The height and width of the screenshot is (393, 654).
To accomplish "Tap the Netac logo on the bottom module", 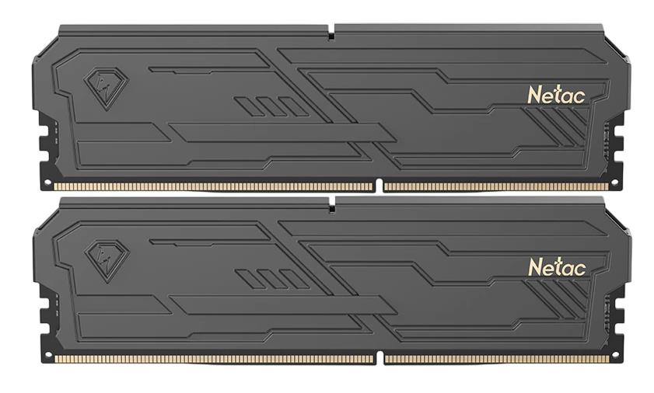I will pyautogui.click(x=556, y=266).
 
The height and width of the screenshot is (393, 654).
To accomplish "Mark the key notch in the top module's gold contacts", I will pyautogui.click(x=379, y=186).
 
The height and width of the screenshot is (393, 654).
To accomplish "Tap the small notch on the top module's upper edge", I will pyautogui.click(x=331, y=33).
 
